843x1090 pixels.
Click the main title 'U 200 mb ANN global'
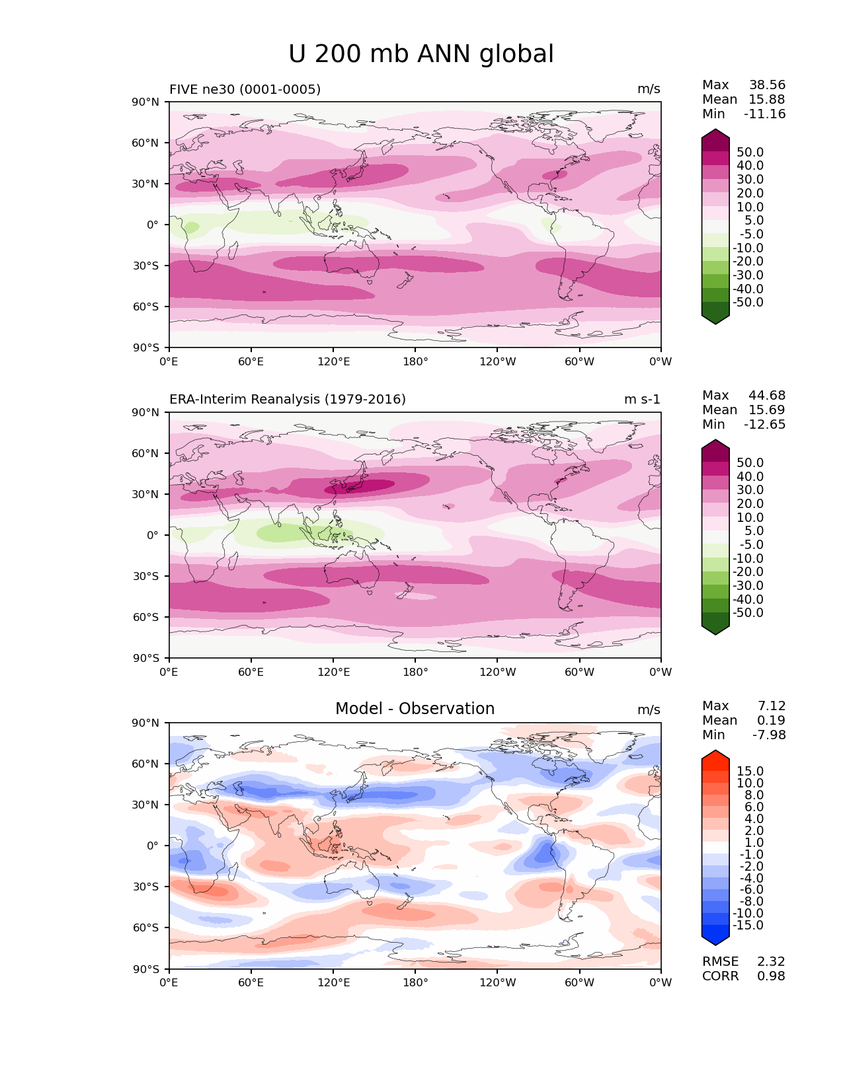tap(421, 54)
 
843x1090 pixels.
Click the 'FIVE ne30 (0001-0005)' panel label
tap(245, 89)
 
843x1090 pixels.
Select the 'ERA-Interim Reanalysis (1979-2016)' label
tap(288, 399)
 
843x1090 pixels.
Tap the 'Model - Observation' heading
tap(415, 709)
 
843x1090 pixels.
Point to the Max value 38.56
tap(767, 85)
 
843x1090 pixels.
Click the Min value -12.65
tap(764, 424)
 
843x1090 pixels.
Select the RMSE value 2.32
tap(771, 961)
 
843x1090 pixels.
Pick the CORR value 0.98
tap(771, 976)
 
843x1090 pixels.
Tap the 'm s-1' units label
tap(642, 399)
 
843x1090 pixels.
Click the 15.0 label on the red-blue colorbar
tap(750, 771)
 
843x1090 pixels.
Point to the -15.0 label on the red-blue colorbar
tap(748, 925)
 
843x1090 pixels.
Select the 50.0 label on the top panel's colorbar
tap(750, 152)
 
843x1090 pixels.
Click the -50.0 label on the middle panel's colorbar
tap(748, 612)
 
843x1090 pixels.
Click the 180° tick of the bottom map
tap(415, 982)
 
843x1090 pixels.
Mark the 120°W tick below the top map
tap(497, 361)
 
